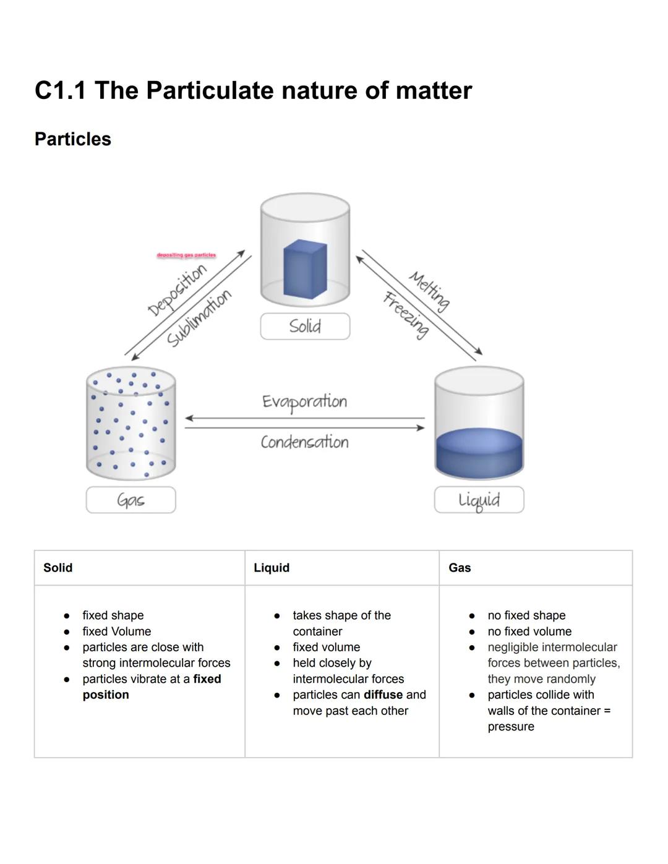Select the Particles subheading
[72, 139]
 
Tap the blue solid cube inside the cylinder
[304, 269]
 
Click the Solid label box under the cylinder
[305, 326]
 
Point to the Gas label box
[131, 500]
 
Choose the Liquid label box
[479, 500]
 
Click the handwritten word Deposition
[176, 289]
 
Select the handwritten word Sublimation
[199, 318]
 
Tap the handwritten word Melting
[429, 291]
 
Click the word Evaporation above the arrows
[304, 401]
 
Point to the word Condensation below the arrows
[304, 442]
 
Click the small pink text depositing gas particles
[186, 255]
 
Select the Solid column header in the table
[58, 568]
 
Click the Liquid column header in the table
[272, 568]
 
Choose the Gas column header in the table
[460, 568]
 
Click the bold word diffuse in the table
[383, 695]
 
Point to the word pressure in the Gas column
[511, 727]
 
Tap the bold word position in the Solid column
[106, 695]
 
